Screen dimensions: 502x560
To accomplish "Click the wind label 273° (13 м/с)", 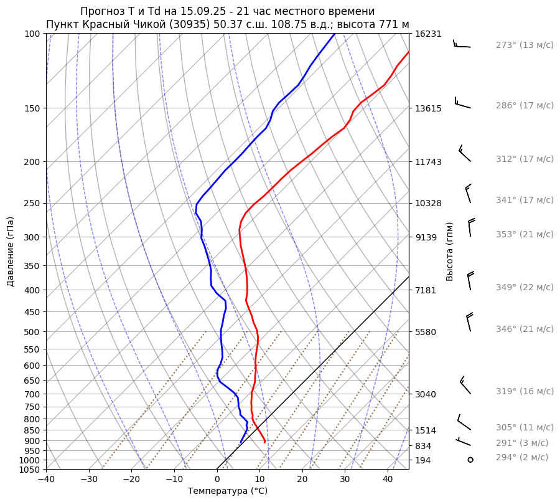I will pyautogui.click(x=525, y=45).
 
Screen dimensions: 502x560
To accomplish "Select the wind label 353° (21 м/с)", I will pyautogui.click(x=525, y=234).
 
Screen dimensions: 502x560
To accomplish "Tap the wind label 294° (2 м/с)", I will pyautogui.click(x=522, y=457).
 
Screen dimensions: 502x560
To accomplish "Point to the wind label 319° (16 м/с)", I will pyautogui.click(x=525, y=391).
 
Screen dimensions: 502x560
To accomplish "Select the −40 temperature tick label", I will pyautogui.click(x=46, y=480).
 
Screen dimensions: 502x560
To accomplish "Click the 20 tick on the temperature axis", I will pyautogui.click(x=302, y=480).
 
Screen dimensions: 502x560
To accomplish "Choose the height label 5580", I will pyautogui.click(x=426, y=331).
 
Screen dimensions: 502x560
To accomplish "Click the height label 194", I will pyautogui.click(x=423, y=460).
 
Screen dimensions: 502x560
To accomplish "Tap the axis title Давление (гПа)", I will pyautogui.click(x=11, y=252).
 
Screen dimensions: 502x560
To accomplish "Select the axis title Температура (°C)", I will pyautogui.click(x=228, y=491).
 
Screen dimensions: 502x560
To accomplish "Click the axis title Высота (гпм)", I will pyautogui.click(x=450, y=252).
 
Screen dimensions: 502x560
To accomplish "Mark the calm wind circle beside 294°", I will pyautogui.click(x=470, y=460).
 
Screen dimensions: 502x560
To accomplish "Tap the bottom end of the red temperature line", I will pyautogui.click(x=265, y=442).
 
